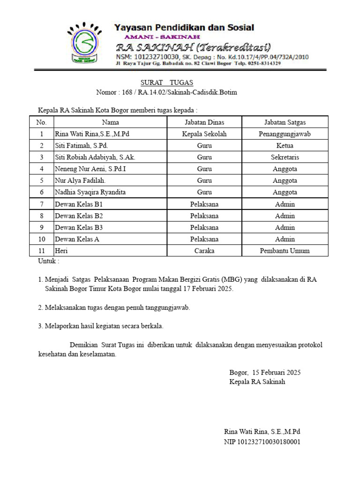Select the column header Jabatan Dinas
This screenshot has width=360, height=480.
pyautogui.click(x=204, y=122)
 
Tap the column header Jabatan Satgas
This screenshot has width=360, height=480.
pyautogui.click(x=285, y=122)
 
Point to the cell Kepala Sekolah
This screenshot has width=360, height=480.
pyautogui.click(x=204, y=134)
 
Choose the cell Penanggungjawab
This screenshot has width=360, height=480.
pyautogui.click(x=285, y=134)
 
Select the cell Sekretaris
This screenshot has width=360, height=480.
pyautogui.click(x=285, y=157)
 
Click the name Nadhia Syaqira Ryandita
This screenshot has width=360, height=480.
pyautogui.click(x=90, y=192)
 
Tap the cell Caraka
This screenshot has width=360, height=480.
pyautogui.click(x=204, y=251)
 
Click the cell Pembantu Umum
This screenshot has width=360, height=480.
pyautogui.click(x=285, y=251)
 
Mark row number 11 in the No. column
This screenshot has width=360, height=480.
pyautogui.click(x=42, y=251)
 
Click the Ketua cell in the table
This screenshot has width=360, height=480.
pyautogui.click(x=285, y=145)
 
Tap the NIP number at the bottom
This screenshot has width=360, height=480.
pyautogui.click(x=262, y=442)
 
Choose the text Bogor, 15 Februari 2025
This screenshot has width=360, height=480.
pyautogui.click(x=265, y=373)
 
